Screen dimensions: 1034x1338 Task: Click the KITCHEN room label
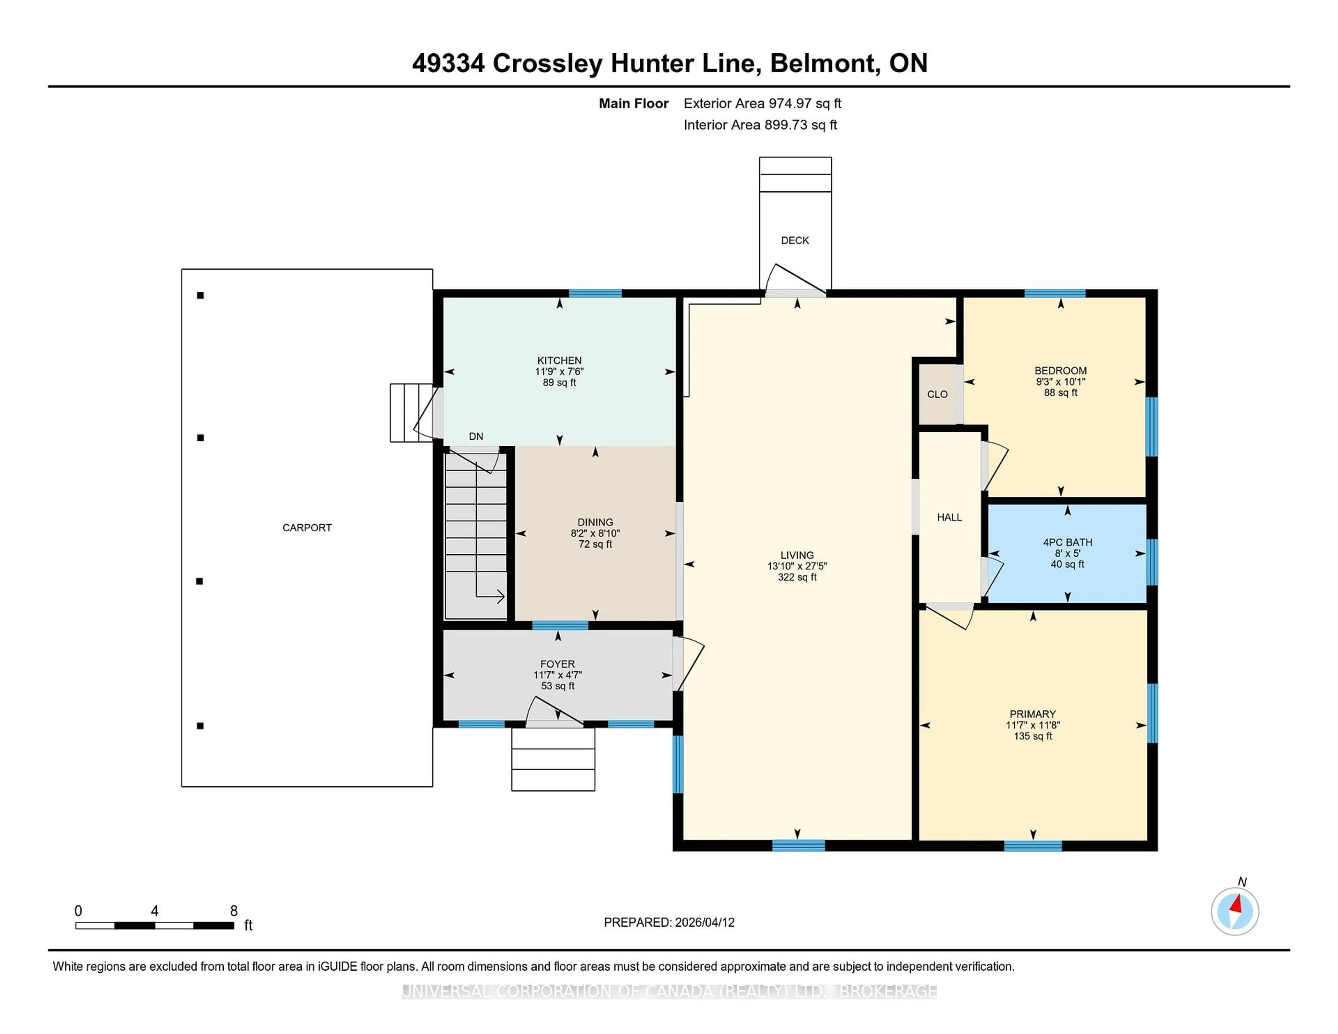coord(559,360)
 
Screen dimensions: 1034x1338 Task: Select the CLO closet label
coord(937,394)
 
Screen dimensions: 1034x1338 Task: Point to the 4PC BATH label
coord(1067,542)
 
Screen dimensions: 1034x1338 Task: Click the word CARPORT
coord(307,527)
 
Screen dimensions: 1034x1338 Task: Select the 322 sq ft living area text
coord(797,577)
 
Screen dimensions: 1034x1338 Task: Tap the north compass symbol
coord(1235,911)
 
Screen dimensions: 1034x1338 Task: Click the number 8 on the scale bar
coord(233,911)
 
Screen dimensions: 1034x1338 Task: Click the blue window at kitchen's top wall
coord(595,293)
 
